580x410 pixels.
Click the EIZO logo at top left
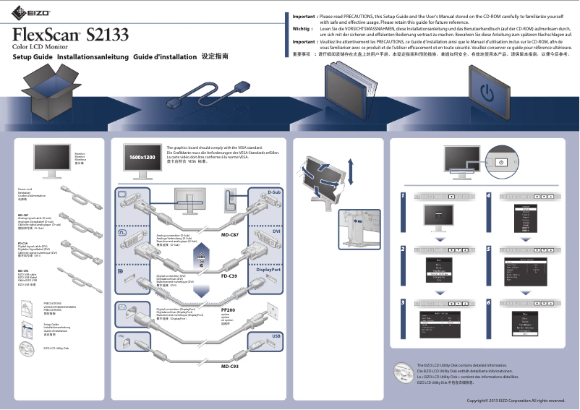tap(20, 12)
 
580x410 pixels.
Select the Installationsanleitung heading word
tap(91, 56)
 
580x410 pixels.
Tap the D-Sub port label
tap(273, 193)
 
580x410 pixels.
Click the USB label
tap(276, 337)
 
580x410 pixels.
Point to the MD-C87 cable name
tap(230, 235)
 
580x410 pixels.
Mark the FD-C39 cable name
tap(230, 276)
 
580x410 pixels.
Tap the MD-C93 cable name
tap(230, 367)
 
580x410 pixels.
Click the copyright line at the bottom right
tap(515, 400)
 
